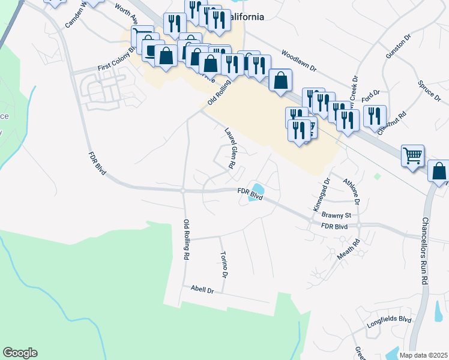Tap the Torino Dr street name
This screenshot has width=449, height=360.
click(x=224, y=265)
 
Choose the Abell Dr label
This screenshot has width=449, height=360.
click(x=202, y=290)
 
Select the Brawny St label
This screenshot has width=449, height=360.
click(x=336, y=214)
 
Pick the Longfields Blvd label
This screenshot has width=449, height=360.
click(x=388, y=323)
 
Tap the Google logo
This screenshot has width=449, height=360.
click(x=20, y=353)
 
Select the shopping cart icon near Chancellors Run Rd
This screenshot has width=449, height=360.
click(x=412, y=156)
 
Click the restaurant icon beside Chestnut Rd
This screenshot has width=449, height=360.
click(x=375, y=116)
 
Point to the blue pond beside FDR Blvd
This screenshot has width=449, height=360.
click(x=256, y=192)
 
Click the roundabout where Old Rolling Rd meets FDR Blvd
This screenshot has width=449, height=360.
click(x=182, y=191)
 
